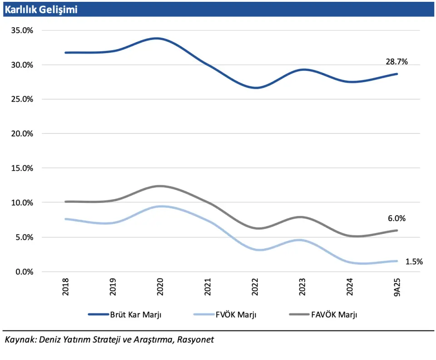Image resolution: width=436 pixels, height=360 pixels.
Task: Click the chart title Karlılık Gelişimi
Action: tap(41, 10)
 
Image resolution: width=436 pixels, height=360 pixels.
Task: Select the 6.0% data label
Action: tap(396, 218)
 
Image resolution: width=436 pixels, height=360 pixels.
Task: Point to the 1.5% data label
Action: tap(414, 261)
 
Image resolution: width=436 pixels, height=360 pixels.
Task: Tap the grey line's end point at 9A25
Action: tap(397, 231)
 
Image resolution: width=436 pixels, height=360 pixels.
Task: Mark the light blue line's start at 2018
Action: tap(66, 219)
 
